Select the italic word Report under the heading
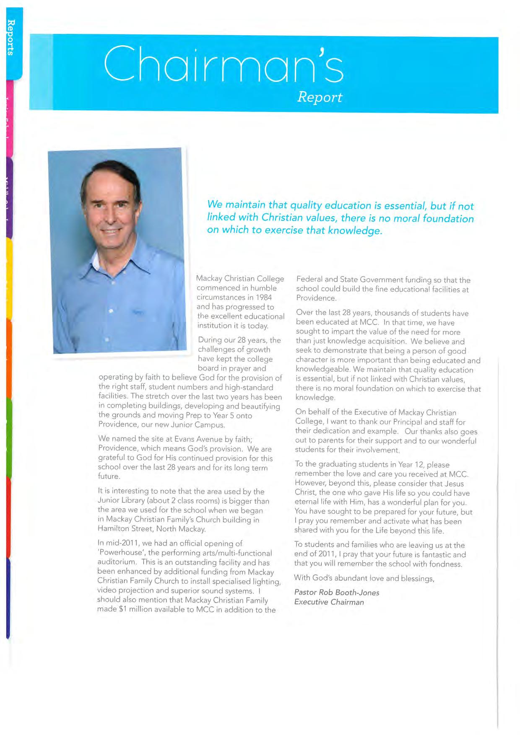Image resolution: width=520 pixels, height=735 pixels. click(320, 97)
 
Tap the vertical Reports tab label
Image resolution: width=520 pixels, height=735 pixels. click(11, 38)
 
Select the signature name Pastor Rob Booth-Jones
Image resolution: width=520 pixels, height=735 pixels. click(337, 593)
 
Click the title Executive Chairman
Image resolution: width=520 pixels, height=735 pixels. click(329, 602)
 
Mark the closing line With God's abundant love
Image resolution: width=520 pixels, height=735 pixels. click(348, 578)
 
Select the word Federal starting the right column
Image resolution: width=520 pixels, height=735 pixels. click(309, 280)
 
